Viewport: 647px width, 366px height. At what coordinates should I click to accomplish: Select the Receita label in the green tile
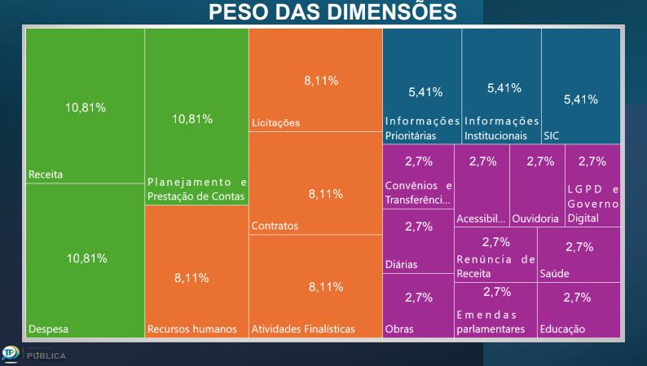46,174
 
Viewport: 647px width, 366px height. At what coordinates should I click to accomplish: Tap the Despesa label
48,329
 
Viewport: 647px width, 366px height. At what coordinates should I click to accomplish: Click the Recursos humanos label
191,329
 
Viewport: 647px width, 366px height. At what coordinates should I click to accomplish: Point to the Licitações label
275,123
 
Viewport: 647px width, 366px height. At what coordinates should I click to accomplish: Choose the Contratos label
275,226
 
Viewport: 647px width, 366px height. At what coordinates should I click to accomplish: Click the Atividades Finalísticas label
303,329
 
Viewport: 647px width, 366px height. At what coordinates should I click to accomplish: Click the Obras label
398,329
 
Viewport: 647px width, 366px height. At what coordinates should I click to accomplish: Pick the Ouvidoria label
537,219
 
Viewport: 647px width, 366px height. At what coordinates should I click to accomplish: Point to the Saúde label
554,274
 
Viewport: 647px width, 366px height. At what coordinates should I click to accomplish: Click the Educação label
561,329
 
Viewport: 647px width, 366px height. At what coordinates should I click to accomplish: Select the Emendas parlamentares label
491,322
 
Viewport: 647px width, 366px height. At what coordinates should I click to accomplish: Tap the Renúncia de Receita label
495,267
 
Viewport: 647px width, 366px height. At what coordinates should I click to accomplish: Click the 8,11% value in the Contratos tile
325,194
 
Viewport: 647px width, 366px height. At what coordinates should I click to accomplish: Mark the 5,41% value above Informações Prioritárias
425,92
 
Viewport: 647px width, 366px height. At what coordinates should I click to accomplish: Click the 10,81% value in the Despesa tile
86,258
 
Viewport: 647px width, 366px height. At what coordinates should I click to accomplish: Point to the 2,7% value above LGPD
592,161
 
